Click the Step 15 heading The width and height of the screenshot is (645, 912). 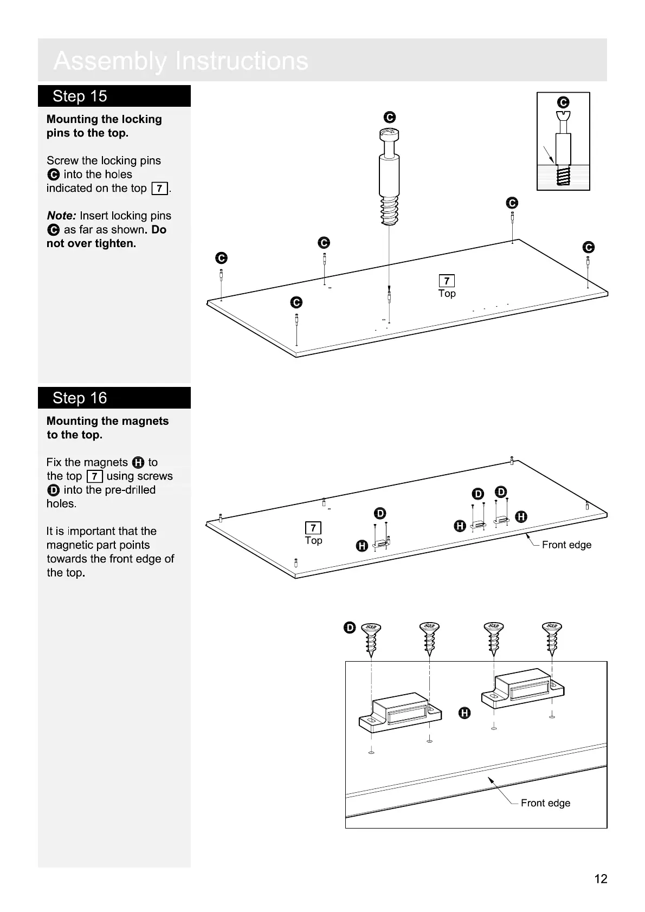(80, 96)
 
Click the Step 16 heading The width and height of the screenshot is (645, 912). (80, 398)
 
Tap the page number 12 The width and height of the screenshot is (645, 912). (601, 878)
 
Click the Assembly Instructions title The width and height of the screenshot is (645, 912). (181, 61)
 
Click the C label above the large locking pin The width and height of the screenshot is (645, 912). (389, 118)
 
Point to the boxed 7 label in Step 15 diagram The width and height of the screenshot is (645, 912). (447, 281)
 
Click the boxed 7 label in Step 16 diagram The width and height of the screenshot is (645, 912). (313, 528)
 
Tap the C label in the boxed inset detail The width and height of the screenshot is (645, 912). (563, 102)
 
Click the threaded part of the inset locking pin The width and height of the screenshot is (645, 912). (563, 176)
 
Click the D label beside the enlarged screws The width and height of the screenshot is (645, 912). (350, 628)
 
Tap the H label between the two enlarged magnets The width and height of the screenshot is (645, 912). (465, 713)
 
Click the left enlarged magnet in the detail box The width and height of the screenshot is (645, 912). (401, 712)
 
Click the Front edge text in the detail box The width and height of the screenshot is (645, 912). (545, 803)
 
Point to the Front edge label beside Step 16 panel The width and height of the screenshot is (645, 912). (566, 545)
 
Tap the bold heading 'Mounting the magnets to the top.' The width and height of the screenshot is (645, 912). (107, 428)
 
